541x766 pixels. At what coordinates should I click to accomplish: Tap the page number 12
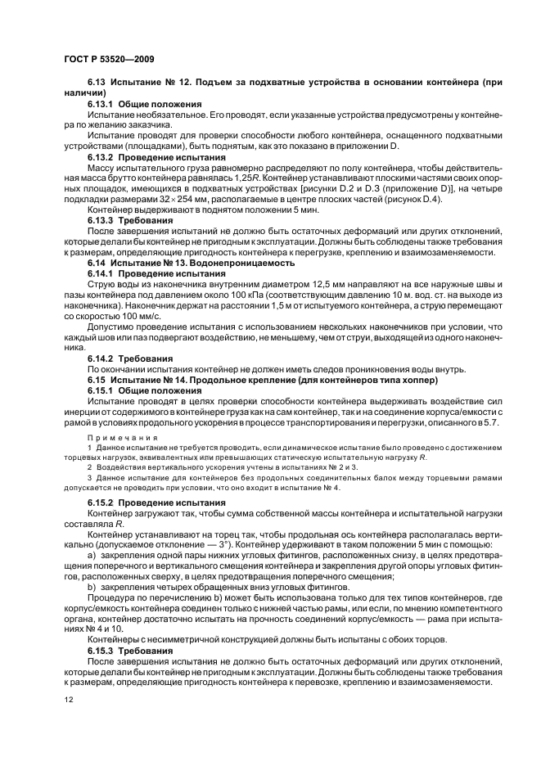click(67, 701)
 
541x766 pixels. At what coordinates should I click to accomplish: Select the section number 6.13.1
click(101, 106)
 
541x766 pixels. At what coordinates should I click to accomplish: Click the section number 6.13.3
click(101, 219)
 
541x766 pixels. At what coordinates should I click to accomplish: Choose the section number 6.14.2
click(101, 358)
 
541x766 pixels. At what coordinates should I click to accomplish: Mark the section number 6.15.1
click(101, 390)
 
